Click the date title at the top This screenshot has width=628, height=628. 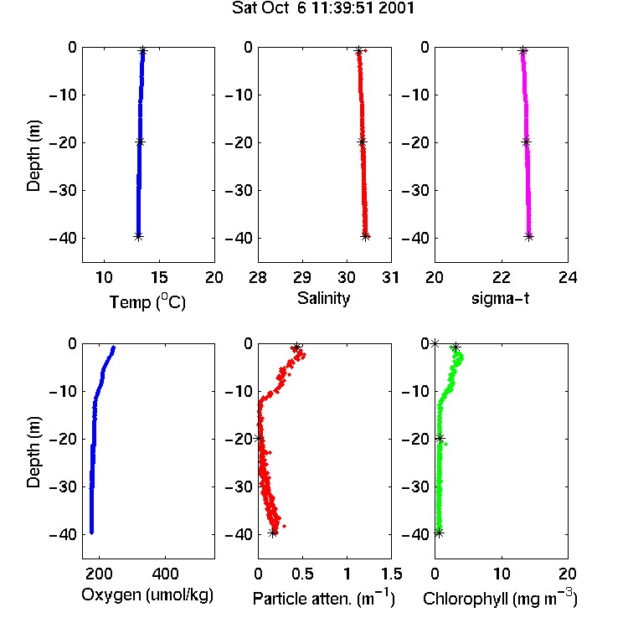[x=323, y=8]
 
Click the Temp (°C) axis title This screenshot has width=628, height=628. [x=147, y=301]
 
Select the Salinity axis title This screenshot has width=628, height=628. [x=323, y=298]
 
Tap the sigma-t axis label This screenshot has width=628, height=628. [x=501, y=298]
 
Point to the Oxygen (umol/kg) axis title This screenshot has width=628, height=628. [x=147, y=595]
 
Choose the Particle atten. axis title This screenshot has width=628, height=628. [x=324, y=599]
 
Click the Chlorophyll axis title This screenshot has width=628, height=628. [x=500, y=599]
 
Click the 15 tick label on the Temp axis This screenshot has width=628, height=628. [x=159, y=277]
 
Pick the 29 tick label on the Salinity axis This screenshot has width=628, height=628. [x=302, y=277]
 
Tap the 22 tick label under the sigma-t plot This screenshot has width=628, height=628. [x=502, y=277]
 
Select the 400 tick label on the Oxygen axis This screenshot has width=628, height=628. [x=165, y=574]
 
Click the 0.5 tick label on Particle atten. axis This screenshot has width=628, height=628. [x=302, y=574]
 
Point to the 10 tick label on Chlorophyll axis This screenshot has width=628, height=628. [x=502, y=574]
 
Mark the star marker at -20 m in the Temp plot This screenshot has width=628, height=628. [x=140, y=142]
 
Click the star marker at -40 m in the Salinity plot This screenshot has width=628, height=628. [x=366, y=236]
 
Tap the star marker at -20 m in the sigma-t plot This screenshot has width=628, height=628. [x=527, y=142]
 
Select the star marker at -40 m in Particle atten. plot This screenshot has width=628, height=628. [x=273, y=533]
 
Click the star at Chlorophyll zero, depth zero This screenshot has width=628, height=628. [x=435, y=343]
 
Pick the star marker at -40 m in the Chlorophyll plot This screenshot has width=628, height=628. [x=440, y=533]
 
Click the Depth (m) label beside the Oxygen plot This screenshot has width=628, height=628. [x=33, y=452]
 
